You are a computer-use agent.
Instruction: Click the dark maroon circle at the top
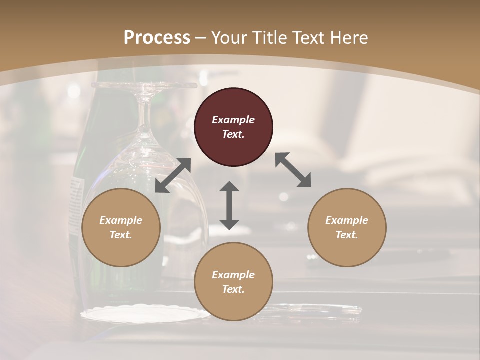233,127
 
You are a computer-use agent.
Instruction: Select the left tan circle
121,227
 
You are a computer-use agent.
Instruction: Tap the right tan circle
347,227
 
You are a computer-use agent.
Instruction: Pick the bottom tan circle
233,281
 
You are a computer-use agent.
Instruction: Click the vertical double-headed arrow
229,205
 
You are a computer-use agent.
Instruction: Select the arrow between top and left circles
173,175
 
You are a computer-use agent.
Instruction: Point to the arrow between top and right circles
293,170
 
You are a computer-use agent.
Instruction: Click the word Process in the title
157,37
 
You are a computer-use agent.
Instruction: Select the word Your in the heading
228,37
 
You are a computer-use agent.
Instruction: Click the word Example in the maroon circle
233,120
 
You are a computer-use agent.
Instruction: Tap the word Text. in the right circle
347,235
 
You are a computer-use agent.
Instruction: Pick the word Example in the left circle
121,220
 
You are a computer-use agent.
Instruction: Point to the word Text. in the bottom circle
233,289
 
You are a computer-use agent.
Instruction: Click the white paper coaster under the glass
145,314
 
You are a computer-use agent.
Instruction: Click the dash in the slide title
201,38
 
